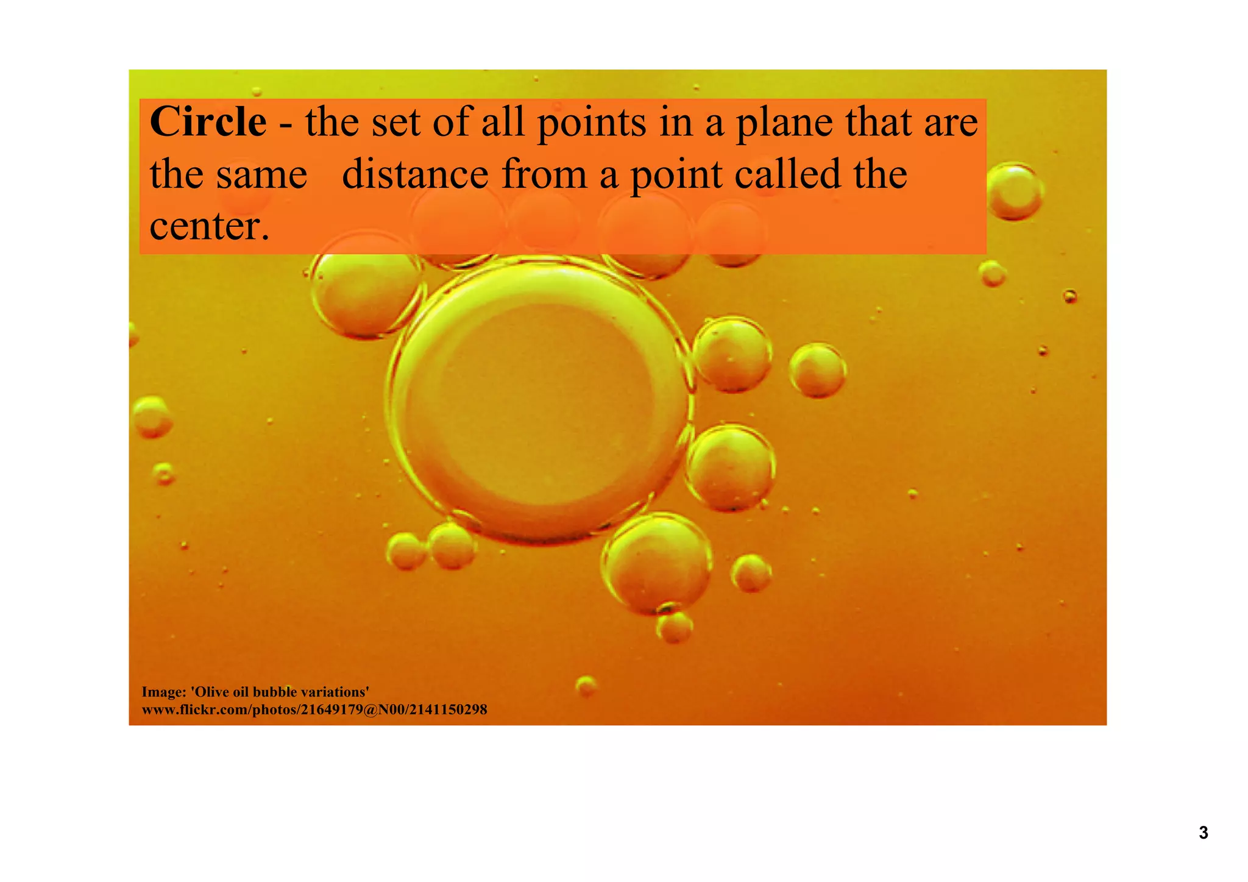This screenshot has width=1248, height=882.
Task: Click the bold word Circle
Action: pos(208,122)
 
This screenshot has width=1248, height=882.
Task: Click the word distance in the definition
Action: pos(415,174)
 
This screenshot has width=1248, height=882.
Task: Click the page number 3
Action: pos(1203,833)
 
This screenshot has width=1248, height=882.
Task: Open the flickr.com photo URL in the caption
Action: pos(314,710)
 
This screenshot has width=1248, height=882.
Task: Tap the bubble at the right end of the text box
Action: pos(1013,191)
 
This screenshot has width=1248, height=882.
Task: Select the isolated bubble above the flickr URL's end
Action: pos(586,686)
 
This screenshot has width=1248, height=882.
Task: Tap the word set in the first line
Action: pos(398,122)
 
